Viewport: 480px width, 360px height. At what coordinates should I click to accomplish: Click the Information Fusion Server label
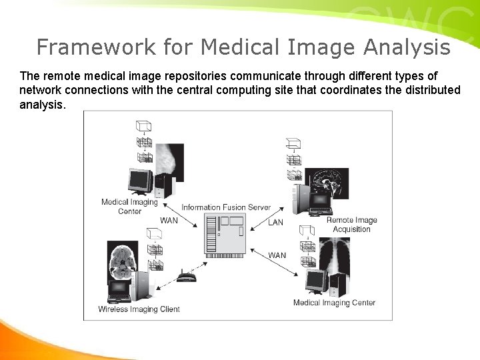226,207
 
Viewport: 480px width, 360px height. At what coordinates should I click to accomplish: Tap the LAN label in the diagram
275,223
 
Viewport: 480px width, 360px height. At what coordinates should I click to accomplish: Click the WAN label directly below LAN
277,255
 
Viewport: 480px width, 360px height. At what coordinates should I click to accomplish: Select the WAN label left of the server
169,221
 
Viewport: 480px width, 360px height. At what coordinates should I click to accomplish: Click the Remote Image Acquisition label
351,225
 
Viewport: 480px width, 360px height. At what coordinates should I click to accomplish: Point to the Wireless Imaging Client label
139,309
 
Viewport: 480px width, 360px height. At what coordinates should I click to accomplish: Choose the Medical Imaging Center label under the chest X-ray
334,303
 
